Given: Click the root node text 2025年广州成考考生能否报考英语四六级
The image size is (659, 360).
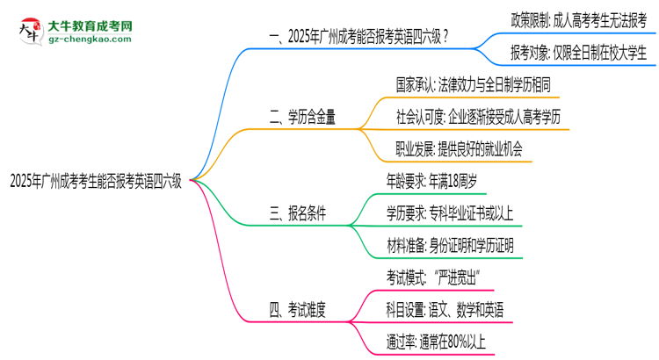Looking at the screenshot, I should pyautogui.click(x=96, y=182).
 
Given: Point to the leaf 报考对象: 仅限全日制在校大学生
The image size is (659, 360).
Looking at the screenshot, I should pyautogui.click(x=579, y=53).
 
